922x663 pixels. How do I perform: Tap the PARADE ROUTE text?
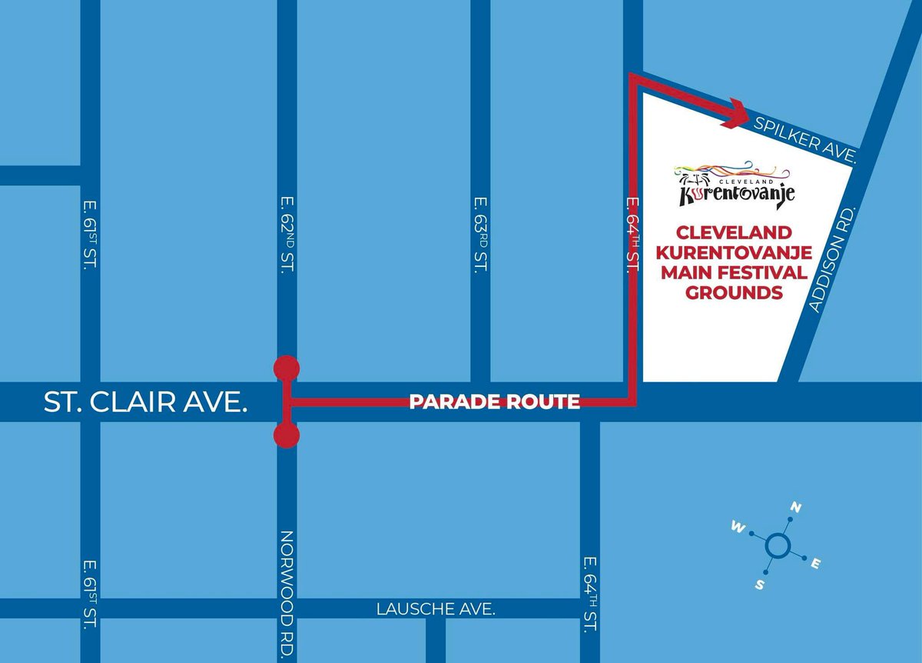tap(494, 401)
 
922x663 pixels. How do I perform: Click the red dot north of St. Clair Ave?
tap(287, 368)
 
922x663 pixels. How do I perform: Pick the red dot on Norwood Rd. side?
tap(287, 436)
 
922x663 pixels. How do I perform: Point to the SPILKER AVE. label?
tap(805, 139)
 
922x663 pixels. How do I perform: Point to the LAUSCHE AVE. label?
tap(436, 609)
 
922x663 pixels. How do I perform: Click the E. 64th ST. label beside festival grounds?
tap(633, 234)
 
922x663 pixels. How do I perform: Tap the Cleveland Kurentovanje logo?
tap(735, 185)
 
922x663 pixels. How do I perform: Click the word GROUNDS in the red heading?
tap(734, 293)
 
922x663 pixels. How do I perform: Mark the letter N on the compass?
tap(797, 508)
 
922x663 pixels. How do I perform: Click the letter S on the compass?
tap(759, 585)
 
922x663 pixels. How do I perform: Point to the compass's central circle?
tap(777, 547)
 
